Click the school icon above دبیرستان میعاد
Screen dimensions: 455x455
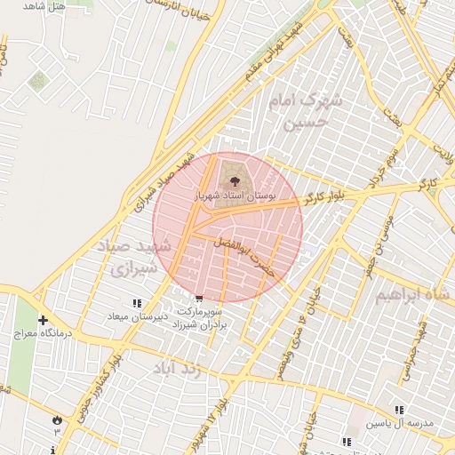point(137,304)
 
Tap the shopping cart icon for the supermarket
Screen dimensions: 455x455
point(197,299)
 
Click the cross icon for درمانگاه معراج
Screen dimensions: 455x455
point(42,320)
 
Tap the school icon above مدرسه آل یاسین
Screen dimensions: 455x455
point(400,410)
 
